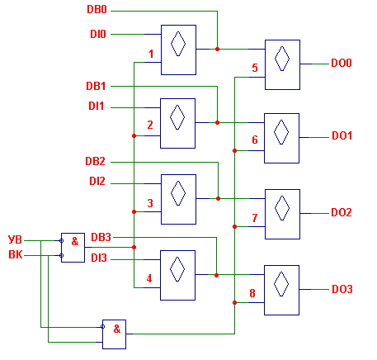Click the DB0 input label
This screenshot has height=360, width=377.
tap(97, 9)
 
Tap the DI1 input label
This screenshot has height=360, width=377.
tap(97, 106)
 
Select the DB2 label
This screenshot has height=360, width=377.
tap(95, 161)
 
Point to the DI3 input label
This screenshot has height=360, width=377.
tap(99, 258)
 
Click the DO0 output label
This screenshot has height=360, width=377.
tap(342, 63)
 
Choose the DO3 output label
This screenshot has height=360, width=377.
tap(342, 289)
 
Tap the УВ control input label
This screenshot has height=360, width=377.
tap(15, 239)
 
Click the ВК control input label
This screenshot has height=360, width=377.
tap(16, 254)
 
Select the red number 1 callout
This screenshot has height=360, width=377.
tap(151, 54)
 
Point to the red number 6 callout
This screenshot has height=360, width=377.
tap(255, 140)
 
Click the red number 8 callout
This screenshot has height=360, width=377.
tap(252, 293)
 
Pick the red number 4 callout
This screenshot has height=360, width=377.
tap(149, 278)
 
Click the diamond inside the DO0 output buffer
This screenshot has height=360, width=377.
tap(282, 59)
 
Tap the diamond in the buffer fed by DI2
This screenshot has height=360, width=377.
tap(178, 193)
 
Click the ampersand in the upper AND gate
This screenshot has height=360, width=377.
tap(75, 241)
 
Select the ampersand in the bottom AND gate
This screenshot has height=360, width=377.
tap(117, 329)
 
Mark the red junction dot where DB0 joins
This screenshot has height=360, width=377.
tap(217, 50)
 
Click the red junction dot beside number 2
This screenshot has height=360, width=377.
tap(134, 136)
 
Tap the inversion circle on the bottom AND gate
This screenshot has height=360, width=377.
tap(102, 327)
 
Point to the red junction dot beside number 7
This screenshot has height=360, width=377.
tap(234, 227)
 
